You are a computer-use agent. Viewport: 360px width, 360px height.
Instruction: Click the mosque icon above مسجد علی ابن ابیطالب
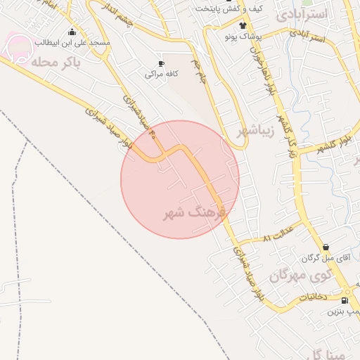(x=72, y=32)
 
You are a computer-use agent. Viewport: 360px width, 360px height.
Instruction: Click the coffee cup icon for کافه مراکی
(x=161, y=63)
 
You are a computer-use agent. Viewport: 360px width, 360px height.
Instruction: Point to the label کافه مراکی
(x=161, y=74)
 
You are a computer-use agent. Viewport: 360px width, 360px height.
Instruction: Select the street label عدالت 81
(x=276, y=238)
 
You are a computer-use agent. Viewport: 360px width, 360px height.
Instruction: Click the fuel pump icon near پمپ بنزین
(x=344, y=300)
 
